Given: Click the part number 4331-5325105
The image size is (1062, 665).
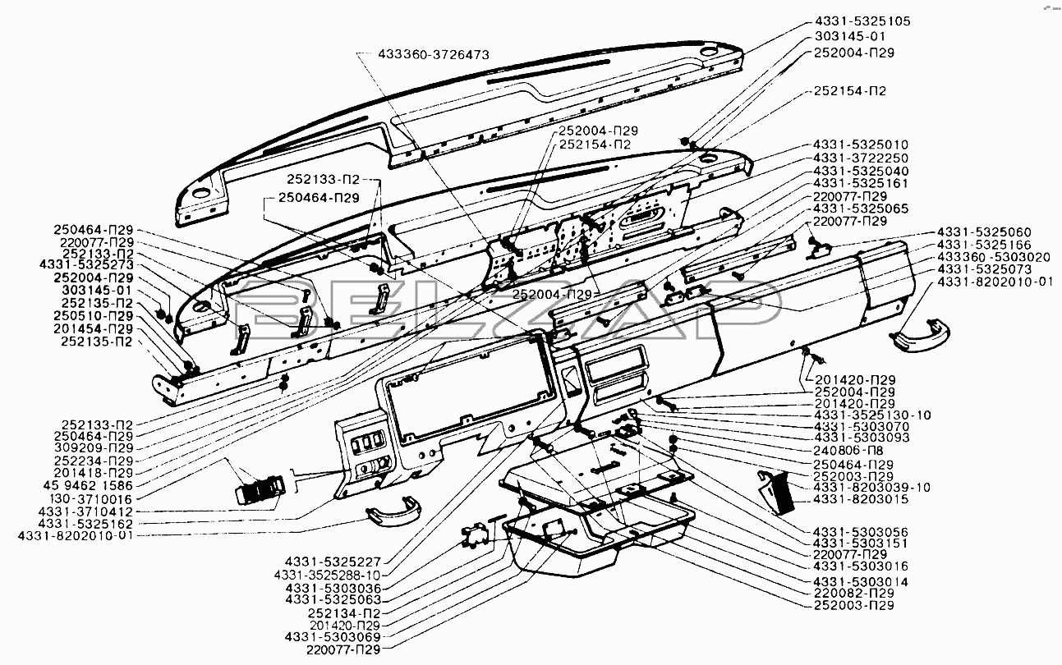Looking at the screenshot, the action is tap(862, 21).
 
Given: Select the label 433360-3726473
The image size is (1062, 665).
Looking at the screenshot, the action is tap(434, 55).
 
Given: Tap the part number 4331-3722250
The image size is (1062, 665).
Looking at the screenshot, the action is tap(861, 158).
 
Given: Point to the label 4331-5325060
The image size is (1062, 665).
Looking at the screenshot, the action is tap(984, 232).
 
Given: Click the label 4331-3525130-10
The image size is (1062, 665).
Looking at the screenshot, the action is tap(872, 415).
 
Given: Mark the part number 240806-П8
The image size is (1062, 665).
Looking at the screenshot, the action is tap(848, 450).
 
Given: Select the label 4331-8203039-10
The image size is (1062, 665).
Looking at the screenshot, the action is tap(872, 487).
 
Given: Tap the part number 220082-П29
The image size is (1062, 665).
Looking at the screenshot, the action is tap(853, 593).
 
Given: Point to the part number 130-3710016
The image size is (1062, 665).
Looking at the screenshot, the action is tap(90, 498).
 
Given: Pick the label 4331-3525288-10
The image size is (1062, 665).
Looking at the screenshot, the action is tap(327, 576).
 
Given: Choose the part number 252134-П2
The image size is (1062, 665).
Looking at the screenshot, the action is tap(343, 612).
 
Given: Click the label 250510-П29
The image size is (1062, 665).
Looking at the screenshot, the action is tap(93, 316).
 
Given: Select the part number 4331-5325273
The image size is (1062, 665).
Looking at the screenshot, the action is tap(86, 264).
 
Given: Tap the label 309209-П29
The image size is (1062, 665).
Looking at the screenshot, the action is tap(94, 448).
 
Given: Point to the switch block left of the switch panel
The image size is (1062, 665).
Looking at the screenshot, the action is tap(260, 489).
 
